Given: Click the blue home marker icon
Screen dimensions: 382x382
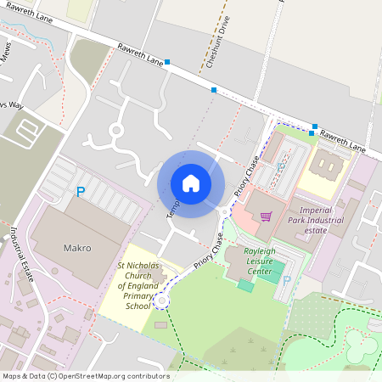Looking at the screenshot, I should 191,183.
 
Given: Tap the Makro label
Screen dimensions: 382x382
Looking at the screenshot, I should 77,249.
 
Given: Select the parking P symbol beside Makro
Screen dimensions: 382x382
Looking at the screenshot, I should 81,193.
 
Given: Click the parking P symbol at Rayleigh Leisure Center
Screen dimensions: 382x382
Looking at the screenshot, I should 286,280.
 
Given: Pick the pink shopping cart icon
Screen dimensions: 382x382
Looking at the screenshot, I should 266,216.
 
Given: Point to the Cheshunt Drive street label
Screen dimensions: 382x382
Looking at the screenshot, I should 218,42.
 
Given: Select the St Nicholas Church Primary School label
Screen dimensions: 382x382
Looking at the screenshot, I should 136,286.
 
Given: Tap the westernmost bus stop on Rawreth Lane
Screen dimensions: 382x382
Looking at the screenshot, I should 167,62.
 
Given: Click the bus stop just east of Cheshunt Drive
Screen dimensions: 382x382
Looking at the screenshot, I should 214,89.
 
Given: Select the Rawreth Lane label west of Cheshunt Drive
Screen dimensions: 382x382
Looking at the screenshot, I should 140,54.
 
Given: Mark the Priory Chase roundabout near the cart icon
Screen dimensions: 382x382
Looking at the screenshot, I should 224,212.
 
